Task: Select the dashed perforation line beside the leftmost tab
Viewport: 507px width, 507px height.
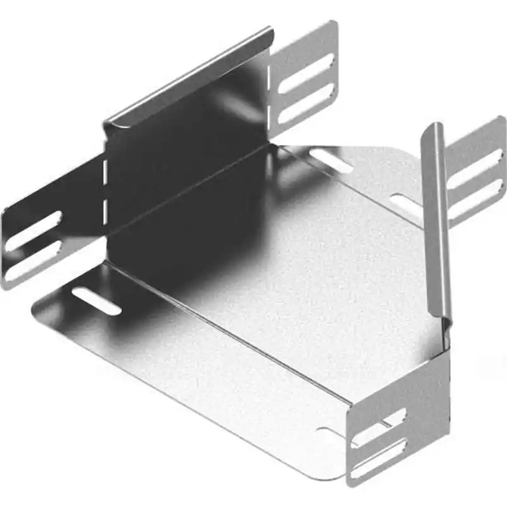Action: (105, 190)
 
